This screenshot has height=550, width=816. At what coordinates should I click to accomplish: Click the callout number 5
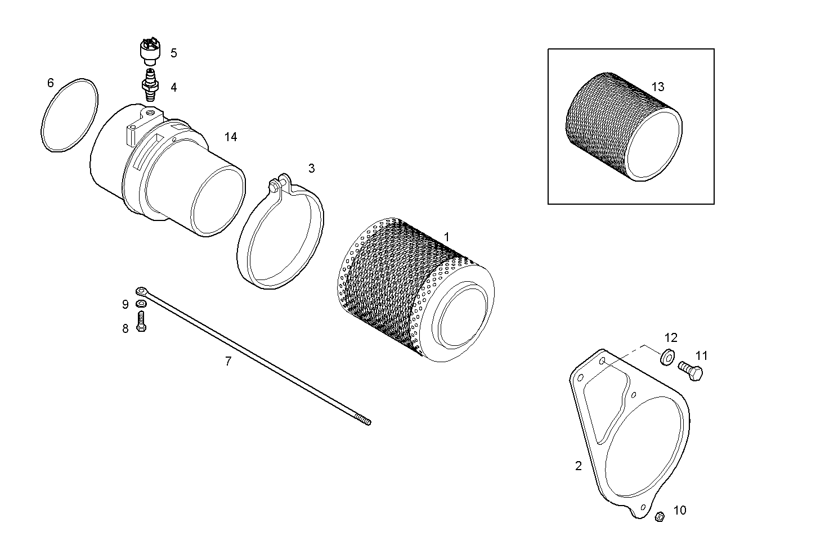point(173,53)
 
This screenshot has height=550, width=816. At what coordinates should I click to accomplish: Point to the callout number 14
point(231,137)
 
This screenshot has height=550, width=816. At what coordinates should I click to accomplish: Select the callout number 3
point(311,168)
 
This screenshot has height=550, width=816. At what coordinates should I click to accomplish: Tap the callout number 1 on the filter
point(447,237)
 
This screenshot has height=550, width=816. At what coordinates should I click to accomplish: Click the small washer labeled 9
point(141,304)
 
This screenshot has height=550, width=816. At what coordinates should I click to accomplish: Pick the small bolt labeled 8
point(141,322)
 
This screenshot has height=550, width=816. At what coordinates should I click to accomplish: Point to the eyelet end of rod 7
point(141,291)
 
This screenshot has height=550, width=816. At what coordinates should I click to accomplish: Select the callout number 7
point(228,362)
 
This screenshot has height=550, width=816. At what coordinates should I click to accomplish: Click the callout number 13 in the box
point(657,87)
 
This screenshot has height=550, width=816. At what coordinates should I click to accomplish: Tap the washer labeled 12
point(667,357)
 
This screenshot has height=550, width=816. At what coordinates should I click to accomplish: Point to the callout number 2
point(578,466)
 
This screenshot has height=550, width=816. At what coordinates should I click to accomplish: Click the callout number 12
point(671,338)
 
